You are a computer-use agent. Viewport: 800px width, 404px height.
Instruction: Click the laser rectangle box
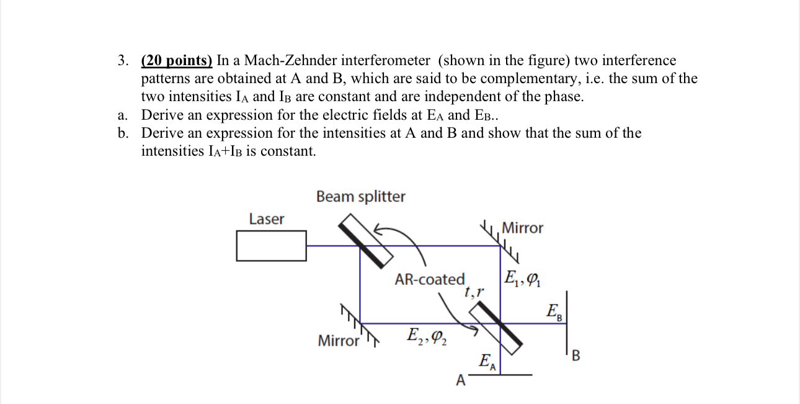point(271,246)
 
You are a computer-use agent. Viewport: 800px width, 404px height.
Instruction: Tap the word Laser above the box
point(266,219)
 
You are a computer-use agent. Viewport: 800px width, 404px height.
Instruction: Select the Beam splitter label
point(360,197)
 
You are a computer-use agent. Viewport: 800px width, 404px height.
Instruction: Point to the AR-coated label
point(429,280)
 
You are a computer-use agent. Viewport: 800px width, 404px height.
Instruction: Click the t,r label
point(473,290)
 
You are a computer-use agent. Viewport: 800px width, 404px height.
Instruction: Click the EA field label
point(487,362)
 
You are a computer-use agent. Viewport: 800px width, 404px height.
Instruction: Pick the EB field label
point(554,312)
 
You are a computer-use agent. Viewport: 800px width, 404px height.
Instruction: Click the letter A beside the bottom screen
point(460,380)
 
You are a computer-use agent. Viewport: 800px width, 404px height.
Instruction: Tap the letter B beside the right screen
point(576,356)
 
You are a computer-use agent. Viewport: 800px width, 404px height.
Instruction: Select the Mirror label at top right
point(522,228)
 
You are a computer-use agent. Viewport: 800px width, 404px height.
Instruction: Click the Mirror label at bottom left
point(338,341)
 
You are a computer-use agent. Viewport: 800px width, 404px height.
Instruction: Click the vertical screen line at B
point(566,329)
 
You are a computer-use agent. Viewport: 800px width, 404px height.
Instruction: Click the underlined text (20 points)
point(177,61)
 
